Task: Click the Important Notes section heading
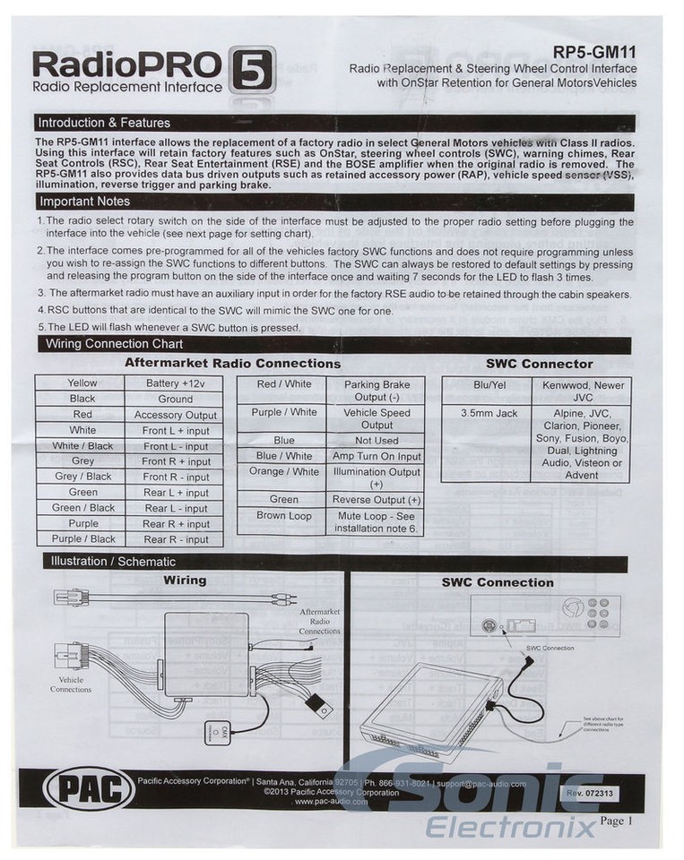coord(85,202)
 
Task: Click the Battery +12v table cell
coord(176,383)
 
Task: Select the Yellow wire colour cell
coord(82,383)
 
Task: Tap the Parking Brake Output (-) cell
coord(377,391)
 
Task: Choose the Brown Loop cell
coord(283,516)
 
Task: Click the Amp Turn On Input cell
coord(377,456)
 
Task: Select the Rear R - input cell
coord(176,539)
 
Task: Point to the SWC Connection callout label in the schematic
coord(550,647)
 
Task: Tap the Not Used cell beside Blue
coord(377,441)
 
